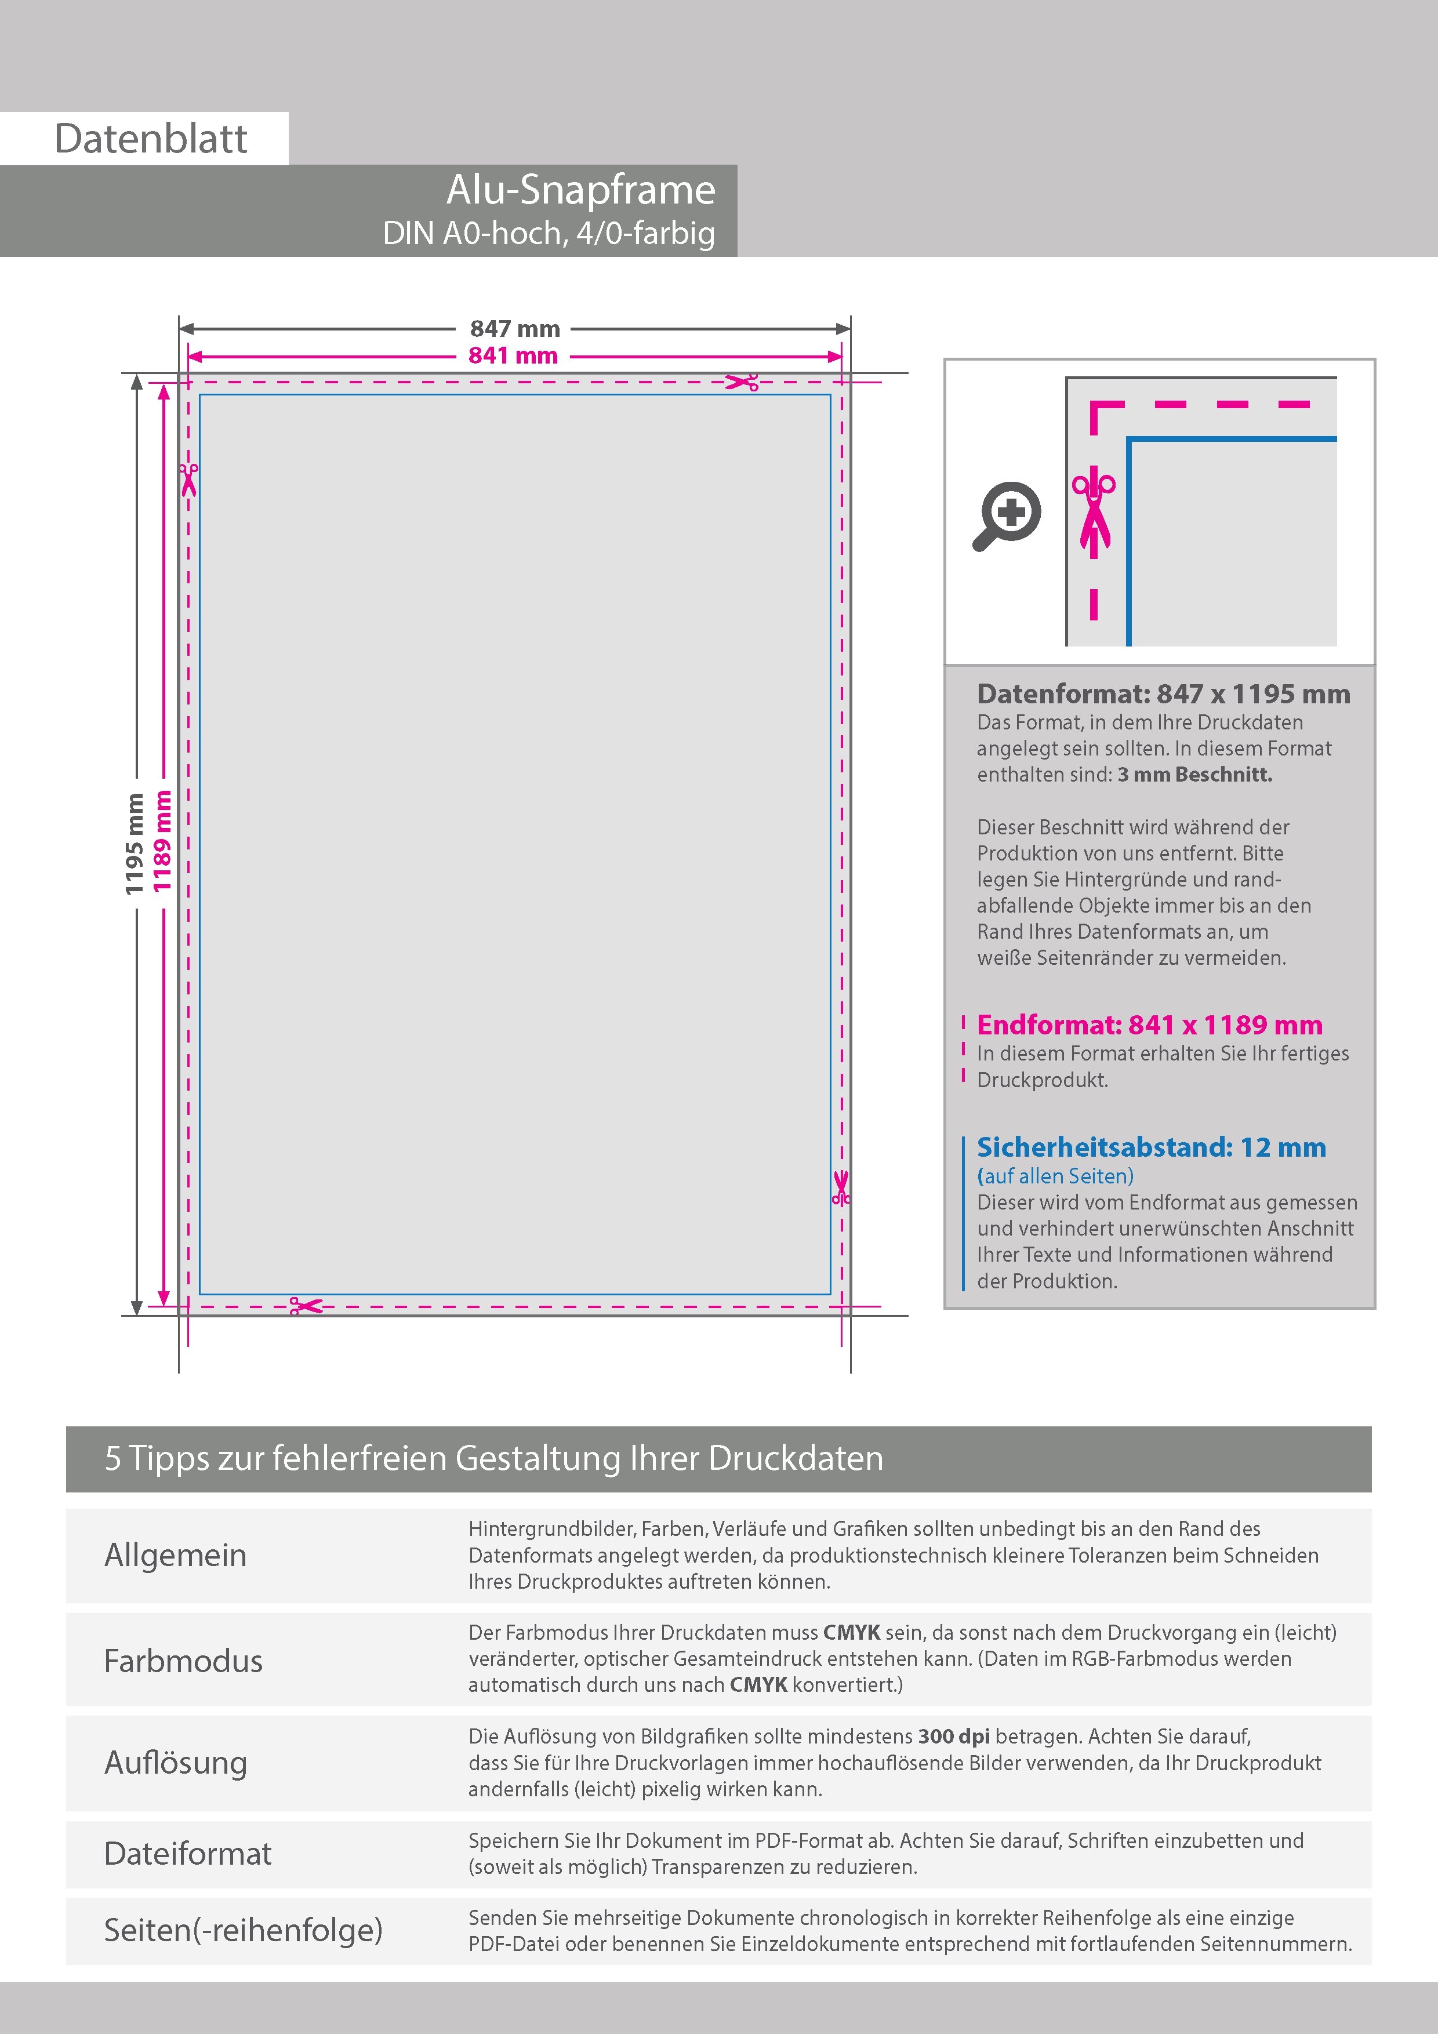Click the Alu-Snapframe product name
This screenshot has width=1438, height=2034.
(x=580, y=190)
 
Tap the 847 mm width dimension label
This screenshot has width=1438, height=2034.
(x=515, y=329)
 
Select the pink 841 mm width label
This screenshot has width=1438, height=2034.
(x=513, y=356)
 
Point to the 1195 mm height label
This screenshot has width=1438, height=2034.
(x=134, y=844)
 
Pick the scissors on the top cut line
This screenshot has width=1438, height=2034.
(x=742, y=383)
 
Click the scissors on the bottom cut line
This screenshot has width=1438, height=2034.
(x=306, y=1306)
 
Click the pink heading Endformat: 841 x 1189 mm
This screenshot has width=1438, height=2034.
(x=1149, y=1025)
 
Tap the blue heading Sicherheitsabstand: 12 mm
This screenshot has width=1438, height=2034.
(x=1151, y=1147)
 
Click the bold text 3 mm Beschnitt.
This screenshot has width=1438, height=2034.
(x=1194, y=774)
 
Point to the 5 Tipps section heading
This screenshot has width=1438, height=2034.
(x=493, y=1458)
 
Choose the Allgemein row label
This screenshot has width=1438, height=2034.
(x=176, y=1554)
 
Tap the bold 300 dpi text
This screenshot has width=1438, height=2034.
(x=954, y=1737)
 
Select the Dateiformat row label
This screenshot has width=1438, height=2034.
(x=188, y=1853)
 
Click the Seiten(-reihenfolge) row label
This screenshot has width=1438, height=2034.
(x=243, y=1930)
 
